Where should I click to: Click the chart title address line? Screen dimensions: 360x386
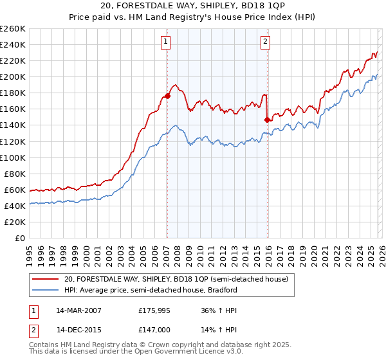tap(193, 7)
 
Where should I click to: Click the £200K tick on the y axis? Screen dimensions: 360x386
tap(13, 76)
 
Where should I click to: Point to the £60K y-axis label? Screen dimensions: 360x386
tap(15, 190)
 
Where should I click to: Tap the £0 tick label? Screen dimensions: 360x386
tap(21, 238)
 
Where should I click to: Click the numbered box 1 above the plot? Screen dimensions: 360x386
tap(166, 42)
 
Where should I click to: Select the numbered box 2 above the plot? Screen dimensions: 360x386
tap(265, 42)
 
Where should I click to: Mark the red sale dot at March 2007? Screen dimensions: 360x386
tap(167, 96)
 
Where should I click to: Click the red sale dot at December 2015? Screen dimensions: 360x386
tap(267, 119)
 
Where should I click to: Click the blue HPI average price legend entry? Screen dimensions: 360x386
tap(151, 290)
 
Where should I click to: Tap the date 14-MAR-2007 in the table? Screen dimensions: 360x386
tap(78, 310)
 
